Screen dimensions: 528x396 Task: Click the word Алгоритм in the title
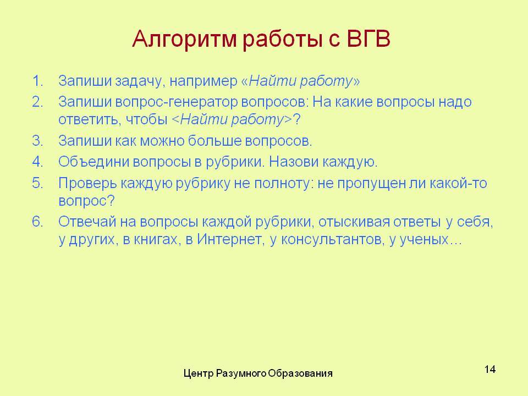(185, 40)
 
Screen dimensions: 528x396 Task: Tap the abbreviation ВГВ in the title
(369, 38)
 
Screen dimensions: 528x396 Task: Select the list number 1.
(38, 81)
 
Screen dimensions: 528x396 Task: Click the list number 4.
(38, 162)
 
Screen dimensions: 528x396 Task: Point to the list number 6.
(38, 222)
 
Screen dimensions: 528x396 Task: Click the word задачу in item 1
(140, 82)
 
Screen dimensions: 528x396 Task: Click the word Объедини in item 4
(94, 162)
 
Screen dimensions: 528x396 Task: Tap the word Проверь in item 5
(87, 184)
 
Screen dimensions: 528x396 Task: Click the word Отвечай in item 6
(87, 222)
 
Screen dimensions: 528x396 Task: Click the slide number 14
(490, 370)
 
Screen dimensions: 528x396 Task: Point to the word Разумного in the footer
(241, 374)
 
